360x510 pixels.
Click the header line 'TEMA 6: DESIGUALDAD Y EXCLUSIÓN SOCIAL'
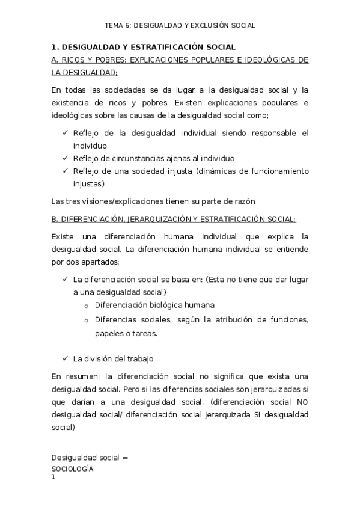(180, 25)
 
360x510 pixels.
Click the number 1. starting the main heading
(55, 47)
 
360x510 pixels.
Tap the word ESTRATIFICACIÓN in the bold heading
(171, 47)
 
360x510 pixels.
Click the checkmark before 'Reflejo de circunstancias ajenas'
(66, 158)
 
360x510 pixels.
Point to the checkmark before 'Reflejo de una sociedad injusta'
(66, 171)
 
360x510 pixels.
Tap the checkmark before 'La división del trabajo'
(66, 359)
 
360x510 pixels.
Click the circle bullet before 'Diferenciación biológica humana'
(87, 306)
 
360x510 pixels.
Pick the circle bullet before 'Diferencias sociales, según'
(87, 321)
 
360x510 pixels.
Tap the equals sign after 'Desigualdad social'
(126, 458)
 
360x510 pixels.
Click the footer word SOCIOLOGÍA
(72, 469)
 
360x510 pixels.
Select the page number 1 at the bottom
(53, 478)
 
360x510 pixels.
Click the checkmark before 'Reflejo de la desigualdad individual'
(66, 133)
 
